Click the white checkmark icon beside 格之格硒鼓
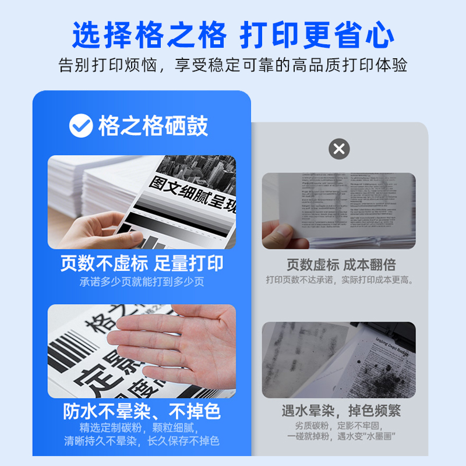coord(80,126)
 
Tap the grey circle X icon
coord(339,149)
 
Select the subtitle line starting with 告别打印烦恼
coord(233,65)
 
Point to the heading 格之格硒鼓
coord(153,126)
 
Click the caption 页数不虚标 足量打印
coord(142,263)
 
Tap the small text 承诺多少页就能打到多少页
coord(142,282)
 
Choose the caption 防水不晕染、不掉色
coord(142,412)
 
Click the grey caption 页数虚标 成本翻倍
coord(341,264)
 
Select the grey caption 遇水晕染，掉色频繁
coord(341,411)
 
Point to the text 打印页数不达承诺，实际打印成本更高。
coord(341,280)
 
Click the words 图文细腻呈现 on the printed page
coord(192,195)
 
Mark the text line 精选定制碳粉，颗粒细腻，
coord(142,428)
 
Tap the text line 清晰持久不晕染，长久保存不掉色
coord(142,441)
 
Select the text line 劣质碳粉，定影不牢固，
coord(341,425)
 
